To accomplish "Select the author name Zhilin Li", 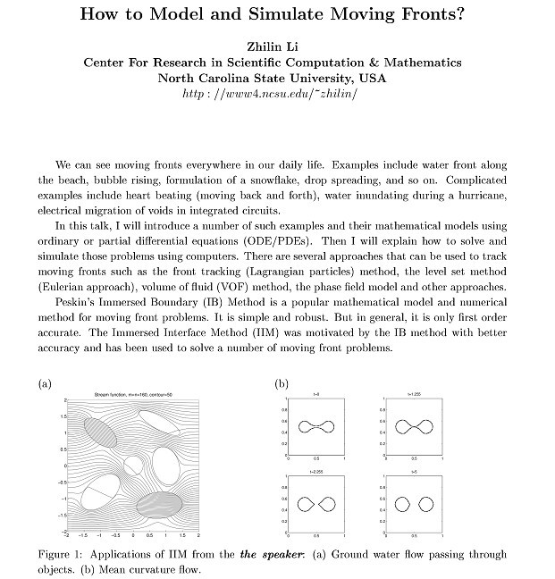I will tap(276, 47).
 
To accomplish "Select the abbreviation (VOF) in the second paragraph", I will tap(228, 288).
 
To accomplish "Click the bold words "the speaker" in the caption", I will tap(271, 555).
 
